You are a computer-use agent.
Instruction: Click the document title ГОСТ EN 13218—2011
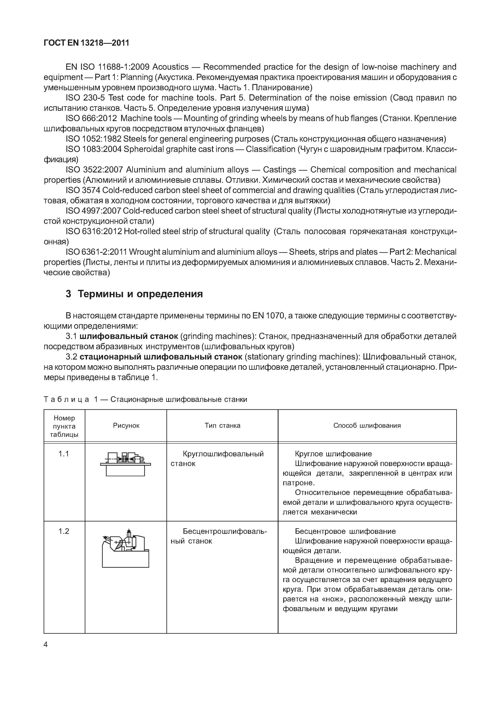[x=86, y=43]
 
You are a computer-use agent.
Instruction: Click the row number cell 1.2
[x=64, y=531]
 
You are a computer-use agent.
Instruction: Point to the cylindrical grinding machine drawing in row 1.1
[x=125, y=464]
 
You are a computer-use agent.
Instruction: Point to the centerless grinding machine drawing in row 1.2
[x=125, y=548]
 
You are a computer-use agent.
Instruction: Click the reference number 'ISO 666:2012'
[x=91, y=119]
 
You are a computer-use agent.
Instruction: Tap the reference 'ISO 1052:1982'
[x=93, y=139]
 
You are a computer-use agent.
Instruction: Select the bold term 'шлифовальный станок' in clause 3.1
[x=129, y=336]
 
